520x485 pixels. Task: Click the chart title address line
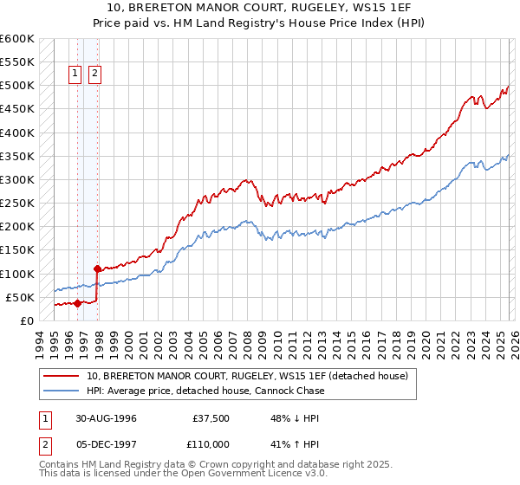click(259, 6)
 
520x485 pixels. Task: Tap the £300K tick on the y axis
click(17, 179)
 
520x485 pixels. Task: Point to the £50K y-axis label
click(20, 297)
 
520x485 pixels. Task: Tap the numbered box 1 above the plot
click(75, 74)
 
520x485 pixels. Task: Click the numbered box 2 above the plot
click(94, 74)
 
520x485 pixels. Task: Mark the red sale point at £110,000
click(97, 268)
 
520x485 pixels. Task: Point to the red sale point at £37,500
click(78, 303)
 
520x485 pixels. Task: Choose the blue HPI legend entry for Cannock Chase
click(205, 391)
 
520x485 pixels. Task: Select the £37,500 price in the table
click(211, 417)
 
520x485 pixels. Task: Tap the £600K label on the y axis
click(17, 39)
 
